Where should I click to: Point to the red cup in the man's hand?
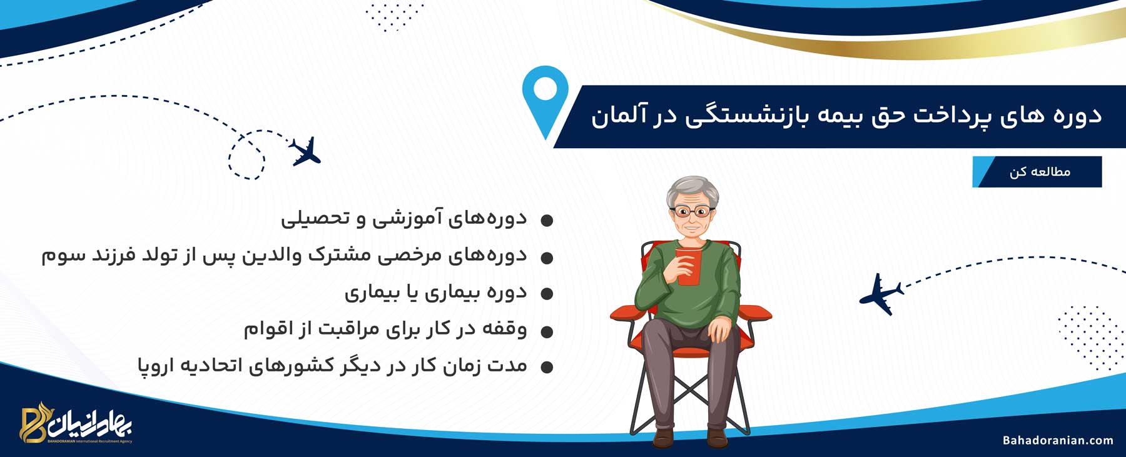coord(688,266)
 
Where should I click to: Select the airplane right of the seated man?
coord(881,294)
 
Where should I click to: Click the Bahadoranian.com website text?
coord(1058,441)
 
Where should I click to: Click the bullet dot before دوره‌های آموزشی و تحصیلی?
coord(547,221)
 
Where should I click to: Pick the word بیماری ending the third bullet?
coord(369,293)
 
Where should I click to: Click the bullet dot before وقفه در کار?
coord(547,332)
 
